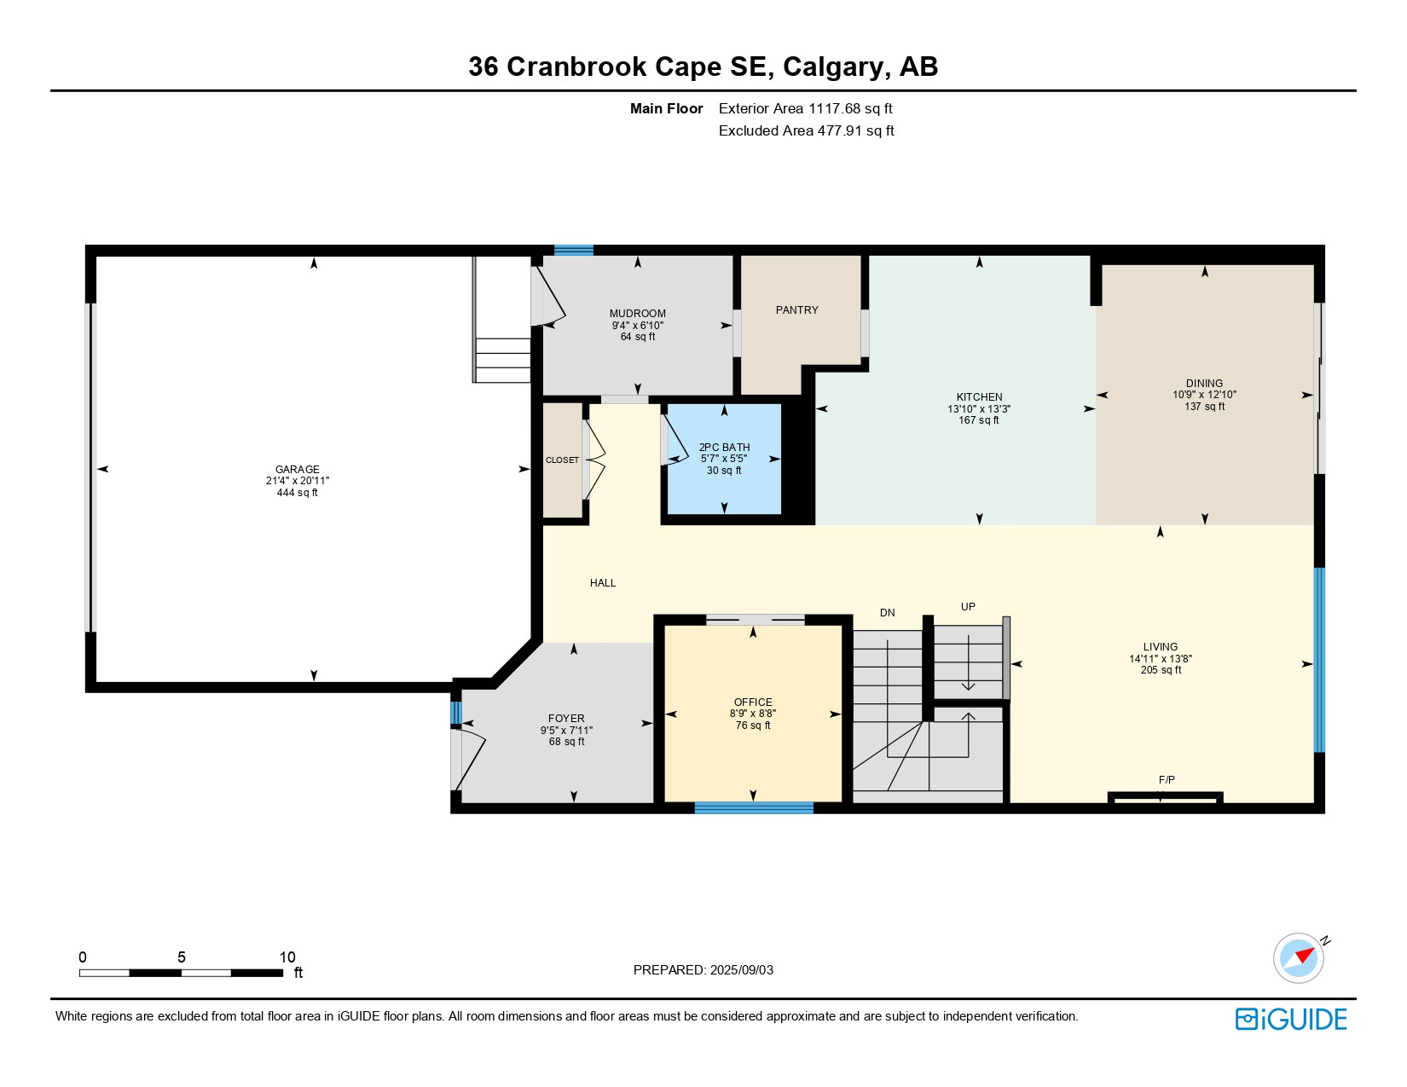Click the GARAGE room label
pyautogui.click(x=298, y=470)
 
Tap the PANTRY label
pyautogui.click(x=797, y=310)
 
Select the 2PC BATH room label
pyautogui.click(x=724, y=448)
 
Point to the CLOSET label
pyautogui.click(x=562, y=460)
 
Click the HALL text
pyautogui.click(x=603, y=582)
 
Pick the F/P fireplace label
pyautogui.click(x=1167, y=780)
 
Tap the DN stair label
pyautogui.click(x=887, y=612)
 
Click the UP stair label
pyautogui.click(x=968, y=607)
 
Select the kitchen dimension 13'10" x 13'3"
pyautogui.click(x=979, y=408)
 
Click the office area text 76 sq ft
pyautogui.click(x=753, y=726)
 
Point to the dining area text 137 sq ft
pyautogui.click(x=1204, y=407)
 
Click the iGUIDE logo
pyautogui.click(x=1291, y=1019)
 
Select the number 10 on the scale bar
pyautogui.click(x=287, y=957)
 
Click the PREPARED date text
pyautogui.click(x=703, y=970)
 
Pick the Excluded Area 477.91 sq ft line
pyautogui.click(x=806, y=130)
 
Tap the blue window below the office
pyautogui.click(x=754, y=807)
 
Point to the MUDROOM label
pyautogui.click(x=637, y=314)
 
